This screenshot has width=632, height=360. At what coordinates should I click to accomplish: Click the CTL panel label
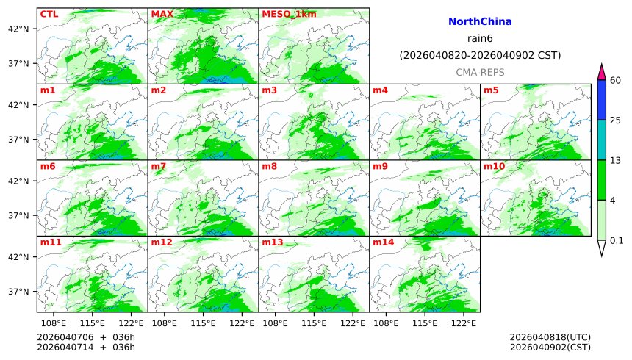coord(49,14)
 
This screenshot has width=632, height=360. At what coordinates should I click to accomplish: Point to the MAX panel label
coord(162,14)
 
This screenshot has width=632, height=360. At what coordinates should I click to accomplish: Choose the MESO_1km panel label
coord(285,14)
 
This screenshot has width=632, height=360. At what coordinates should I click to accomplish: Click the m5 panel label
coord(491,90)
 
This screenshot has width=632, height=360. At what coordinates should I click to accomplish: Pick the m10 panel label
coord(494,167)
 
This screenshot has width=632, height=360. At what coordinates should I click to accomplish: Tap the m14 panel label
coord(383,242)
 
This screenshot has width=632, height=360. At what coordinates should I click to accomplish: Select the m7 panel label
coord(159,167)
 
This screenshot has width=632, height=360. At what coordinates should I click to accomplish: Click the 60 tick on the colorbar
coord(616,80)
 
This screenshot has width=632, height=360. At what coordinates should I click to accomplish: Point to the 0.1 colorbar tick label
coord(617,240)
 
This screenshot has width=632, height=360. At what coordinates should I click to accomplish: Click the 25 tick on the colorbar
coord(616,120)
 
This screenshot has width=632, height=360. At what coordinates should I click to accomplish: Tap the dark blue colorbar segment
coord(601,100)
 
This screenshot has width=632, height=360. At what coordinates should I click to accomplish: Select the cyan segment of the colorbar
coord(601,140)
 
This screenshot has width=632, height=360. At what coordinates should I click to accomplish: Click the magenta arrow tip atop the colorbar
coord(601,71)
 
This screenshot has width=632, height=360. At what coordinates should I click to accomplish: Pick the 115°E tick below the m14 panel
coord(425,323)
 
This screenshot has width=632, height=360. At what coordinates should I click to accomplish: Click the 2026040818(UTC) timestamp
coord(550,337)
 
